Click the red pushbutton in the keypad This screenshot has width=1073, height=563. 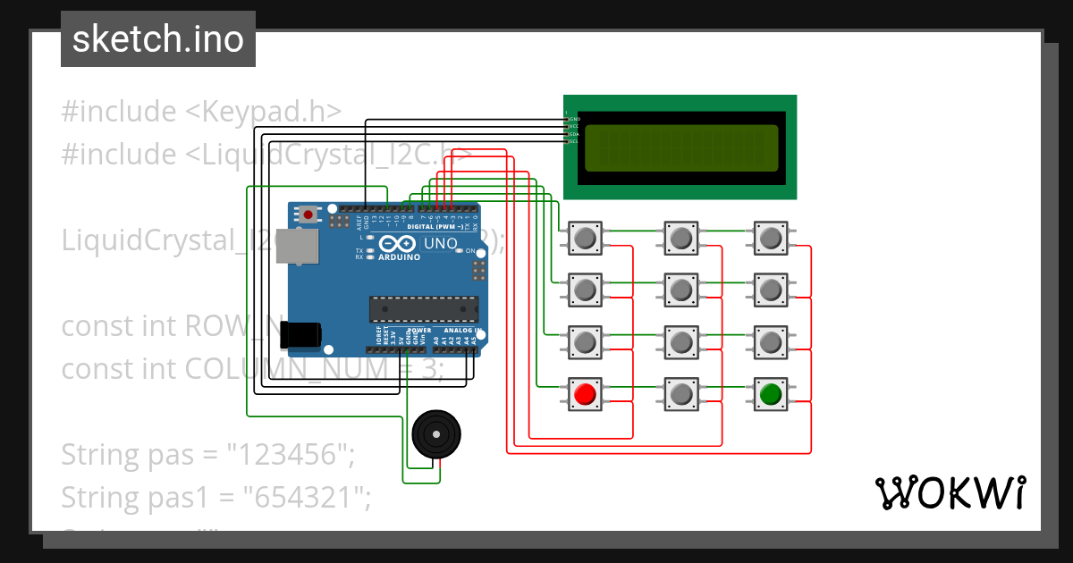click(x=586, y=393)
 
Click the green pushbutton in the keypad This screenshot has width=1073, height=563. click(x=770, y=393)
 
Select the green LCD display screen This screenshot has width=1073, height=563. click(x=680, y=148)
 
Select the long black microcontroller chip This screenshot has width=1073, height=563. click(x=424, y=308)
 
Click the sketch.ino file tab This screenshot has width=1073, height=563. click(x=157, y=39)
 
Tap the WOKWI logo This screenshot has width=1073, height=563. click(x=950, y=492)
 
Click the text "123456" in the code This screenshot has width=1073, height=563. click(x=287, y=454)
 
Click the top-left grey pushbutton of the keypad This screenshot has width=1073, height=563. click(x=586, y=238)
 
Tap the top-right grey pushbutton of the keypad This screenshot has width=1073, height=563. click(x=770, y=238)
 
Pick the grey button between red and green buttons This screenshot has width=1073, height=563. click(x=680, y=393)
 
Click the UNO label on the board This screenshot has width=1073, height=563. click(x=439, y=243)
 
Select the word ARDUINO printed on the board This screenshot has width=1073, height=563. click(x=400, y=257)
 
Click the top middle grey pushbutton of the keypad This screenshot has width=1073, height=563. click(x=680, y=238)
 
